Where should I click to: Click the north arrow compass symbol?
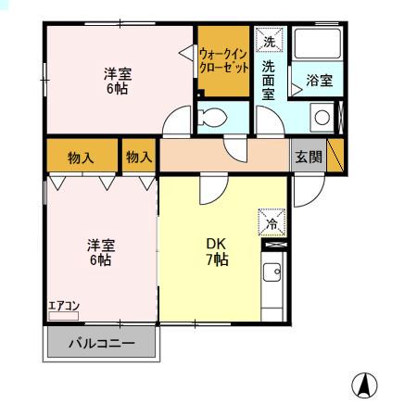click(364, 385)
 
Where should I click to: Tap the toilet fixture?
click(212, 118)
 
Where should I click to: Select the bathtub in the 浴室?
click(318, 44)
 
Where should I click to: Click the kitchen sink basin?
click(272, 272)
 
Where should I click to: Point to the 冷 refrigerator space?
click(272, 222)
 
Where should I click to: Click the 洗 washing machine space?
click(269, 39)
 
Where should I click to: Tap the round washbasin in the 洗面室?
click(322, 118)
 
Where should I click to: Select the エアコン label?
click(64, 306)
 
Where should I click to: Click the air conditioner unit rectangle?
click(64, 316)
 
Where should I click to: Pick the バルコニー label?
click(102, 343)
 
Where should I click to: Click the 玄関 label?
click(309, 157)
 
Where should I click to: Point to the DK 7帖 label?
click(217, 252)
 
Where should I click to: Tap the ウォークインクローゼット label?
click(223, 60)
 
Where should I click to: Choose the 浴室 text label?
click(320, 81)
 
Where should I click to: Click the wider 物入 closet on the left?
click(82, 155)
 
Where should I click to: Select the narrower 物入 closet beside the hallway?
click(139, 155)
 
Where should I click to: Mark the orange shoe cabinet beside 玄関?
click(335, 155)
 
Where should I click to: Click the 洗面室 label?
click(269, 81)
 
